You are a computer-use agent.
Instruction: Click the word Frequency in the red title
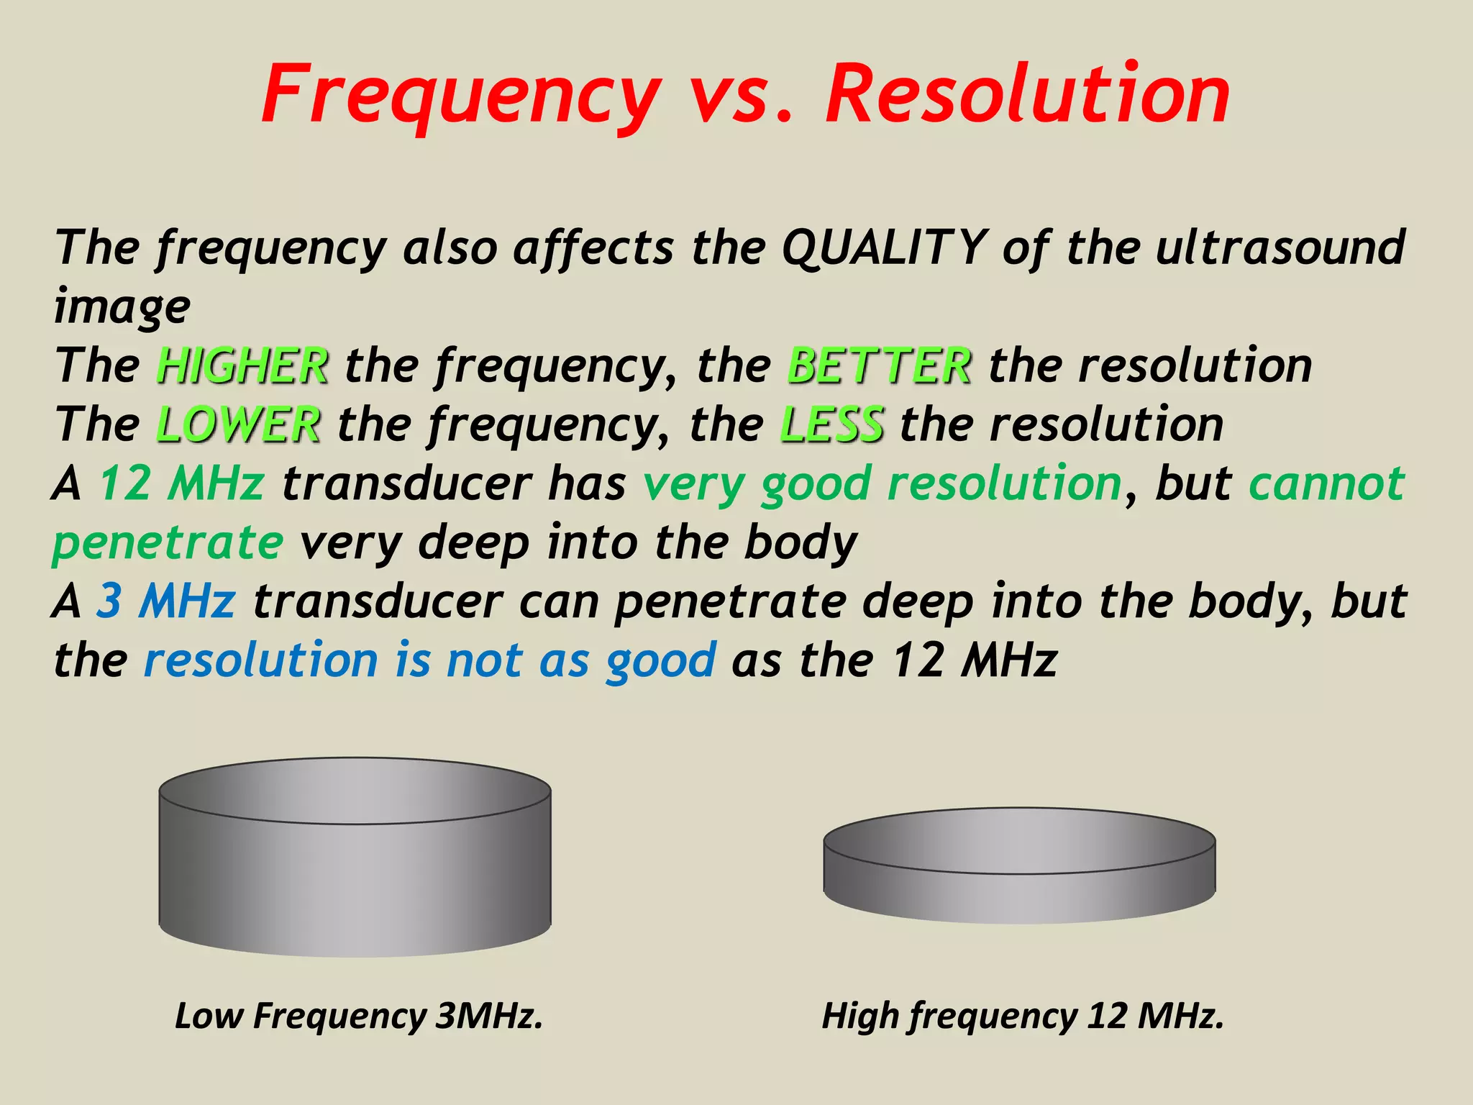(x=460, y=95)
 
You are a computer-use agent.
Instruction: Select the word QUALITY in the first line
(x=883, y=247)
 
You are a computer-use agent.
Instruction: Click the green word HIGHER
(x=242, y=365)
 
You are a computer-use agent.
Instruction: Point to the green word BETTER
(x=879, y=365)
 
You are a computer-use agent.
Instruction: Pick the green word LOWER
(x=238, y=424)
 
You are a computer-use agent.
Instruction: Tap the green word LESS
(x=831, y=424)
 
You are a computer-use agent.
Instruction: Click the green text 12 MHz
(x=182, y=483)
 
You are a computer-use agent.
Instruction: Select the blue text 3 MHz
(x=166, y=601)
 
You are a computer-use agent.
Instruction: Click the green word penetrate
(x=168, y=542)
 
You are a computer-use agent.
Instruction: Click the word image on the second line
(x=122, y=306)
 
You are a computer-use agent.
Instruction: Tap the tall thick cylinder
(x=355, y=863)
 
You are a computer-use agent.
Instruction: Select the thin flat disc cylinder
(x=1019, y=867)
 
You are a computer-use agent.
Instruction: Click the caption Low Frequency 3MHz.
(x=358, y=1016)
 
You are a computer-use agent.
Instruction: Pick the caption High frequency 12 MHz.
(x=1022, y=1016)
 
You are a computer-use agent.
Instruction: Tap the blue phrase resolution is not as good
(x=429, y=660)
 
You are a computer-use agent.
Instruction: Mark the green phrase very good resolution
(x=883, y=483)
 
